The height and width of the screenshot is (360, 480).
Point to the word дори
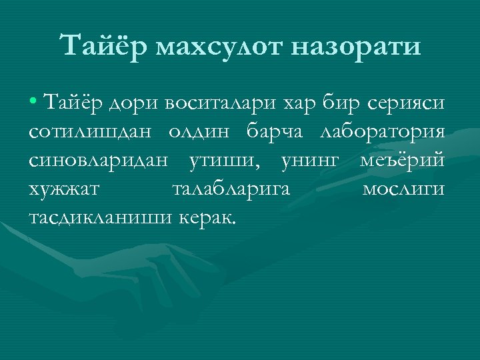[122, 104]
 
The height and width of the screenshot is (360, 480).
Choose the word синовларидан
[98, 161]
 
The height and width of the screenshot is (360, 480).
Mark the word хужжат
[65, 189]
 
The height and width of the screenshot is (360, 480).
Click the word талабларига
[231, 189]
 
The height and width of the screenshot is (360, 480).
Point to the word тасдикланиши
[100, 217]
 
